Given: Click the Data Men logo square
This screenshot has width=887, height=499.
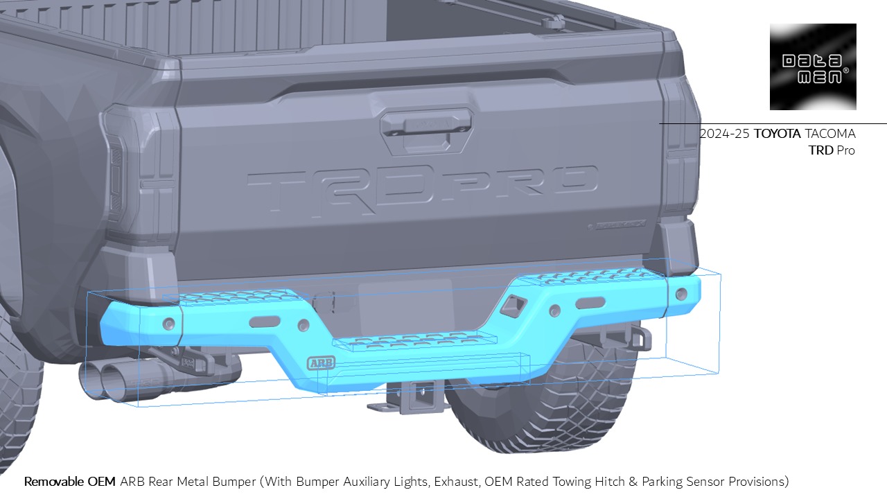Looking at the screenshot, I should (x=813, y=67).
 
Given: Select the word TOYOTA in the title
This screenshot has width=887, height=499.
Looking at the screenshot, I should (x=777, y=134).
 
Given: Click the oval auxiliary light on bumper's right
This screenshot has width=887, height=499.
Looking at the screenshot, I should (x=590, y=304).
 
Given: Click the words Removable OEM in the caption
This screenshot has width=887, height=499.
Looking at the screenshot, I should (x=70, y=481).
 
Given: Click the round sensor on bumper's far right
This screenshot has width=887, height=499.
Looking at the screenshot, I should (x=683, y=293).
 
